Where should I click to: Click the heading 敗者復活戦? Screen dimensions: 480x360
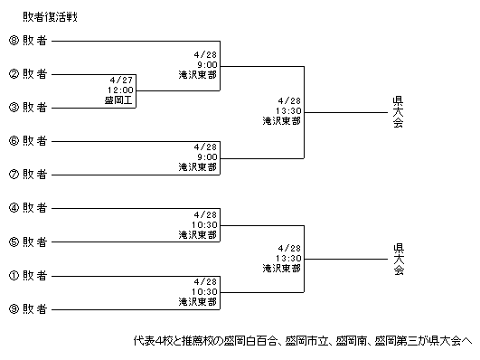[51, 17]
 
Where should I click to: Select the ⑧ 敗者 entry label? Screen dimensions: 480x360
[28, 41]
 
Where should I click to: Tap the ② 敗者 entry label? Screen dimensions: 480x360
[28, 74]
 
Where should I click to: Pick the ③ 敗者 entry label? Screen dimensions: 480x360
[28, 108]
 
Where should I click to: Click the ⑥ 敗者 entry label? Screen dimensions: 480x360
[28, 141]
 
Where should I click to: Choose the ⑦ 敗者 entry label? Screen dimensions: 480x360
[28, 175]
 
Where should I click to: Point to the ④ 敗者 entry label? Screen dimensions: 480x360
[28, 208]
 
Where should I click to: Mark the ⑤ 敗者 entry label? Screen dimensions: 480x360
[28, 242]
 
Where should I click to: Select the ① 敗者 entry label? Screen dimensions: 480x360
[28, 276]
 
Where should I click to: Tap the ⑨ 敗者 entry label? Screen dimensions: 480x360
[28, 308]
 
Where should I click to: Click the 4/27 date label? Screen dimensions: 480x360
[121, 80]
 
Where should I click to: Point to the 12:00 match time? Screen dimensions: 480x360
[120, 90]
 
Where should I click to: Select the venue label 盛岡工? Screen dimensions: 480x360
[118, 100]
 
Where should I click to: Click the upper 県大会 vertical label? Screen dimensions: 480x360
[398, 112]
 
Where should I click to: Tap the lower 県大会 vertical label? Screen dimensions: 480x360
[399, 260]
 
